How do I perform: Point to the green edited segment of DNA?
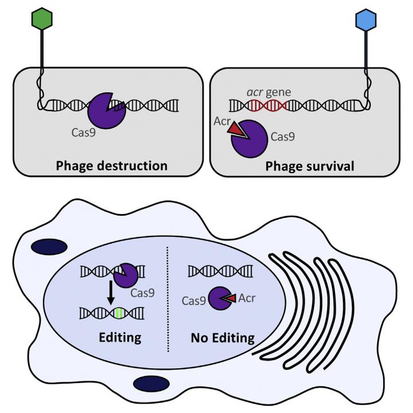click(118, 313)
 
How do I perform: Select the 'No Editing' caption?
click(223, 338)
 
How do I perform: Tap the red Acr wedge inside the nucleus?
click(231, 299)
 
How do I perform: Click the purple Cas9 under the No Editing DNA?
click(219, 299)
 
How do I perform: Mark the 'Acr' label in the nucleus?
click(247, 298)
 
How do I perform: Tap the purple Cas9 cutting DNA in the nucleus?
click(125, 276)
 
